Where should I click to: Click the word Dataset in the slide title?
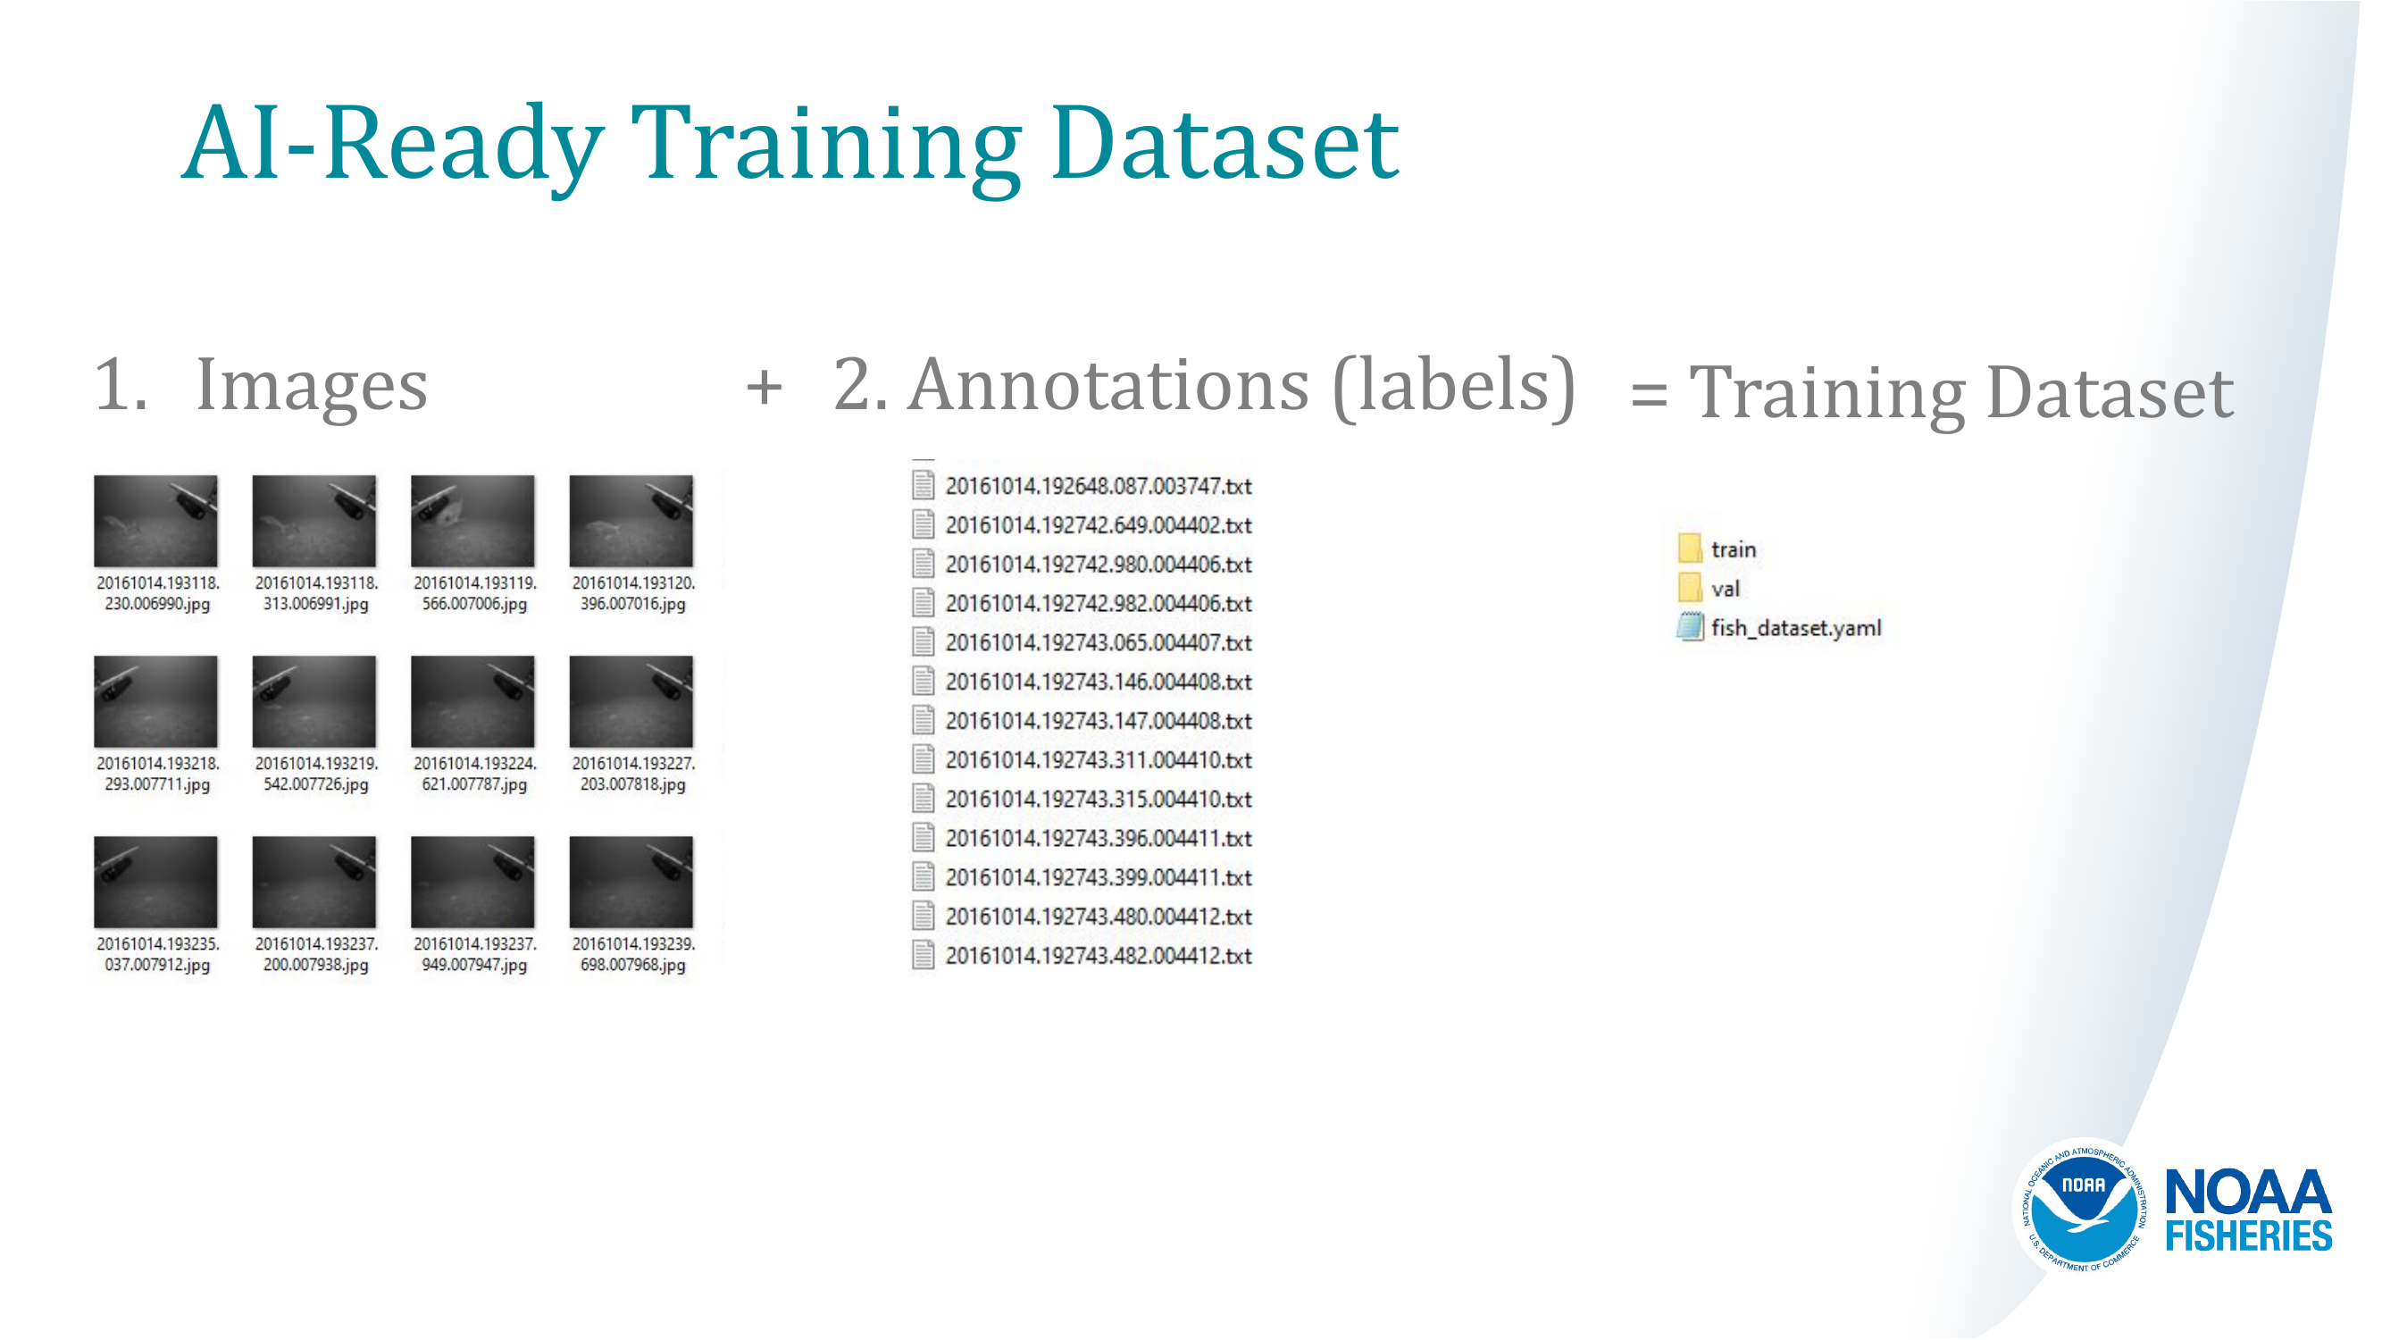click(x=1225, y=144)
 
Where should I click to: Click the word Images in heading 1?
click(x=312, y=387)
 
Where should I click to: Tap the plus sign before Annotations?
click(x=764, y=387)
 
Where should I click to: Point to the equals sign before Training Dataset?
click(x=1649, y=394)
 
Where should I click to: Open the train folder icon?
click(x=1690, y=549)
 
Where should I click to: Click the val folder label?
click(x=1725, y=589)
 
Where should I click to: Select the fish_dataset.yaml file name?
click(x=1796, y=628)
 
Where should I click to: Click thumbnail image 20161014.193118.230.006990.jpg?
click(x=155, y=521)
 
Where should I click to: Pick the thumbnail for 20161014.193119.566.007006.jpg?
click(x=472, y=521)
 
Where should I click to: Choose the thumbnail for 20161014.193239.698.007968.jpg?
click(x=631, y=882)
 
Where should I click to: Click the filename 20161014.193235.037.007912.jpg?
click(x=157, y=954)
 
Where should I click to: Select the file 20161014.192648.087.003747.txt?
click(x=1098, y=487)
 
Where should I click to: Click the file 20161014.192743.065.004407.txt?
click(x=1098, y=642)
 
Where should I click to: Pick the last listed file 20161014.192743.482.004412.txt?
click(x=1098, y=956)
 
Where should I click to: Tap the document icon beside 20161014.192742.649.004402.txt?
click(x=922, y=524)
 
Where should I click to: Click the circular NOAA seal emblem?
click(x=2083, y=1206)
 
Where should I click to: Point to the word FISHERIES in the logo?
click(x=2248, y=1235)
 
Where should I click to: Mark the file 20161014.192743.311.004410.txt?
click(x=1098, y=760)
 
